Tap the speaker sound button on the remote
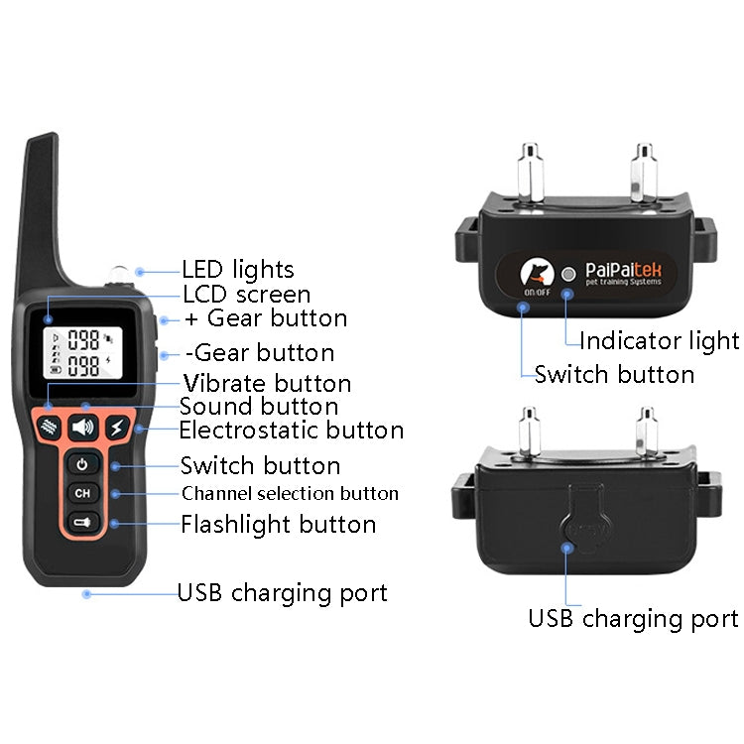(x=82, y=428)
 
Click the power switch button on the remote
(x=82, y=464)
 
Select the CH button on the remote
(x=82, y=493)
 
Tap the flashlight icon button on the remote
(x=82, y=523)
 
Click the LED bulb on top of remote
(x=118, y=271)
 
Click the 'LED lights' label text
(x=237, y=269)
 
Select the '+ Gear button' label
(x=266, y=318)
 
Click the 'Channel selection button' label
(x=290, y=493)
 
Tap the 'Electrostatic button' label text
(x=291, y=431)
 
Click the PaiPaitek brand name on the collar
(x=629, y=269)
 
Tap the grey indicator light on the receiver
(x=568, y=274)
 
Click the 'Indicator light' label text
(x=659, y=341)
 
